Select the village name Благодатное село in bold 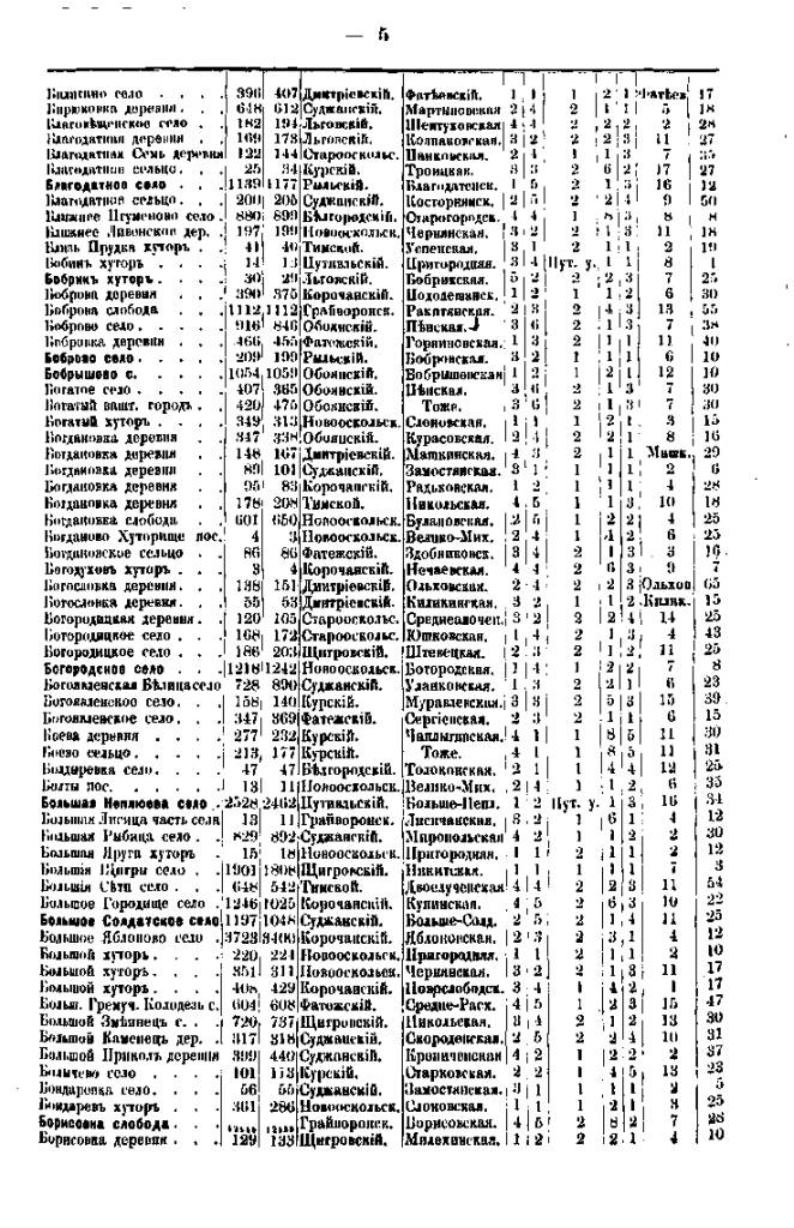tap(94, 185)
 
